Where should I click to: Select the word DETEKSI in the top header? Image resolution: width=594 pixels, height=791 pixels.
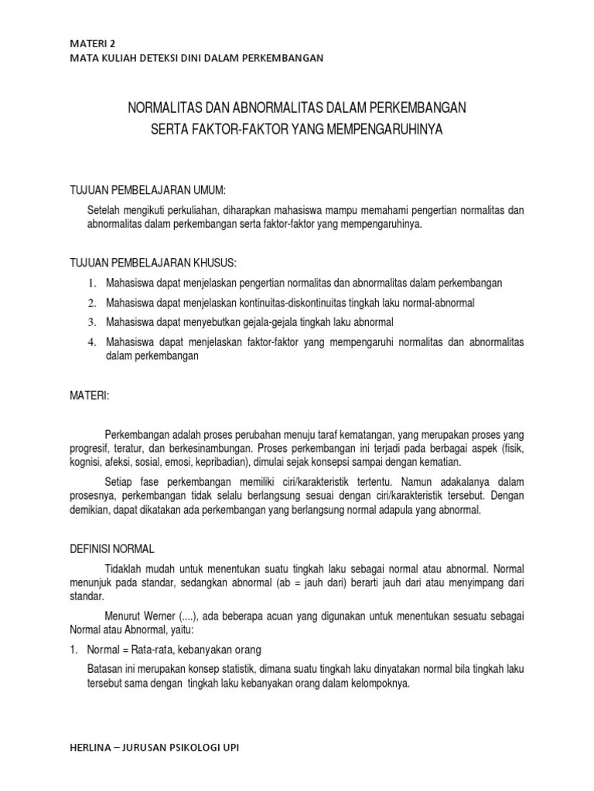(x=178, y=58)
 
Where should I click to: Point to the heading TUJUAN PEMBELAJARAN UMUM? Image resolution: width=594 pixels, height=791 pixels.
(x=148, y=190)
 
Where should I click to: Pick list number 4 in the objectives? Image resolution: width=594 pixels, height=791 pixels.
(x=90, y=342)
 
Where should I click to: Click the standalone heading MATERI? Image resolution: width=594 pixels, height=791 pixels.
(x=90, y=395)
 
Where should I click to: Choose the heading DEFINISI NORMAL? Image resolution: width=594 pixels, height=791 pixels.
(x=113, y=548)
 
